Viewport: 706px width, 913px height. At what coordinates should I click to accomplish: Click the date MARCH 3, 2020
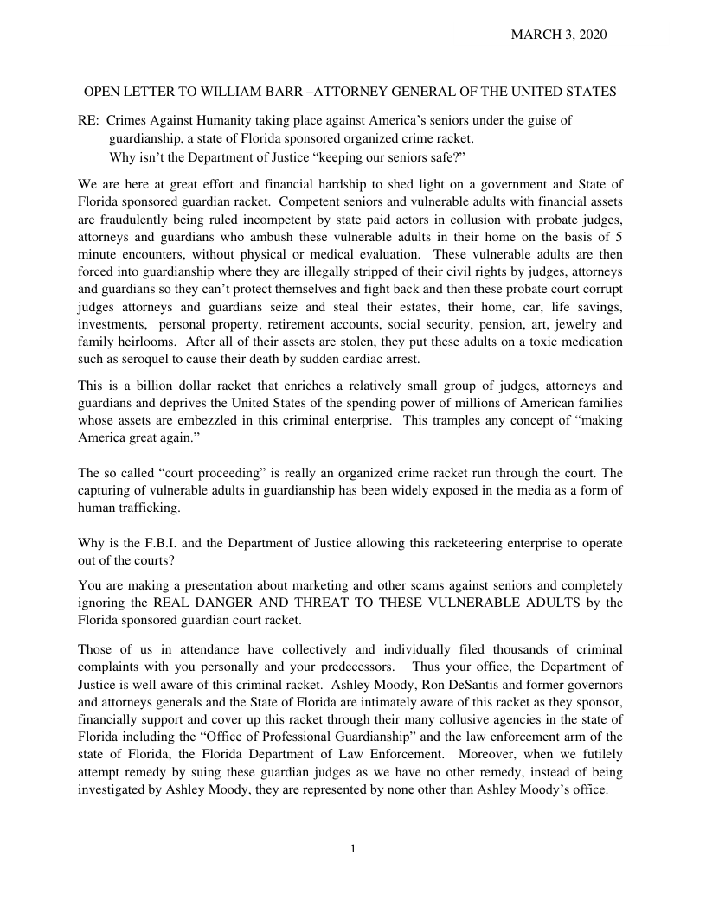559,35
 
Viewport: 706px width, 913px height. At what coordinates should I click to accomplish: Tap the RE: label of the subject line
89,121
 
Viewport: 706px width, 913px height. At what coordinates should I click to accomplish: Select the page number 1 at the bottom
353,849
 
